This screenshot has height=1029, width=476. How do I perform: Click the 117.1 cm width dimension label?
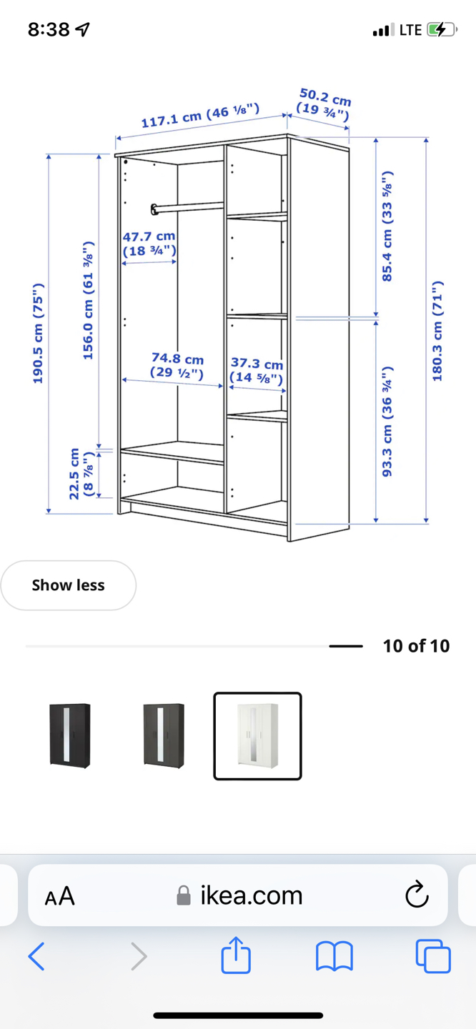[200, 115]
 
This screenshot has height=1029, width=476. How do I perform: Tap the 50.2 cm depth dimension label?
[324, 104]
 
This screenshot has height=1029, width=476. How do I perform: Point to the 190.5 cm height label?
[38, 334]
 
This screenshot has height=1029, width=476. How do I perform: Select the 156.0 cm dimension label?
[88, 300]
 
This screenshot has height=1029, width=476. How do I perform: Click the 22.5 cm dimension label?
[81, 473]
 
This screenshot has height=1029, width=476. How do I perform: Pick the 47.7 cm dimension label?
[149, 244]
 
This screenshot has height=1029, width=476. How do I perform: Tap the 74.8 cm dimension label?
[177, 366]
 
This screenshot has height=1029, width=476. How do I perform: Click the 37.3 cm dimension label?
[257, 370]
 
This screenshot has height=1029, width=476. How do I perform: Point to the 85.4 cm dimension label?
[387, 226]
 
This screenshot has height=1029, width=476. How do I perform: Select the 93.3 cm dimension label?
[387, 422]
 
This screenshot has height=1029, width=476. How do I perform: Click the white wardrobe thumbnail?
[258, 736]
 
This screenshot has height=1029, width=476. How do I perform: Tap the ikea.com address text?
[252, 895]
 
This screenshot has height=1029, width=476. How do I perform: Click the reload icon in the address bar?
[417, 895]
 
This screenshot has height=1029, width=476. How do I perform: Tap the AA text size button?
[60, 896]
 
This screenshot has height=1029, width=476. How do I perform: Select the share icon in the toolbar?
[236, 955]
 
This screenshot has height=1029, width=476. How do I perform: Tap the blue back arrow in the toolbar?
[36, 956]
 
